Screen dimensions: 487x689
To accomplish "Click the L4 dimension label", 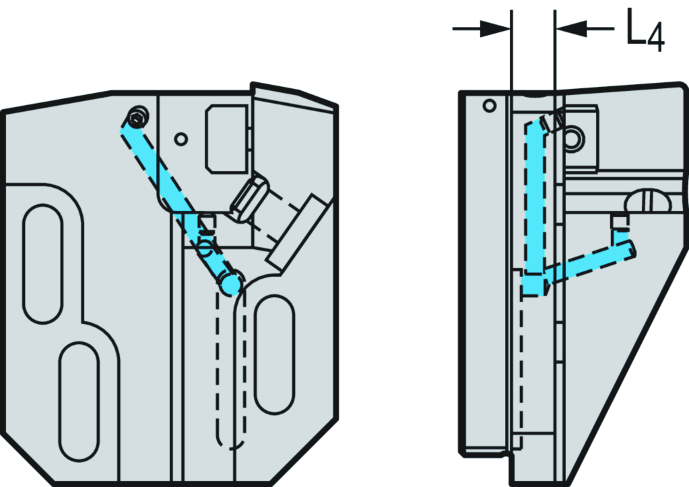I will (x=645, y=31).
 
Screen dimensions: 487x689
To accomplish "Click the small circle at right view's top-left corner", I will (x=490, y=106).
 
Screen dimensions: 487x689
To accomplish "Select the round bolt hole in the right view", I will (x=574, y=139).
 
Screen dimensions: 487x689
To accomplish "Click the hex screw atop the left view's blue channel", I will (x=139, y=119).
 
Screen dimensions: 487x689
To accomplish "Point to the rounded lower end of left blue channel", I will (x=231, y=284).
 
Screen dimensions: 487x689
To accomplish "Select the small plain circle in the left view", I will (x=180, y=139).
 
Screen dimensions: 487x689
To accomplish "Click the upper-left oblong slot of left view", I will (x=42, y=263).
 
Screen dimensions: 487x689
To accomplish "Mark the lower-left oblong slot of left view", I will (x=79, y=401).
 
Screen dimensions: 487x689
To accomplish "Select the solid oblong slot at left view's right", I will (x=275, y=353).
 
